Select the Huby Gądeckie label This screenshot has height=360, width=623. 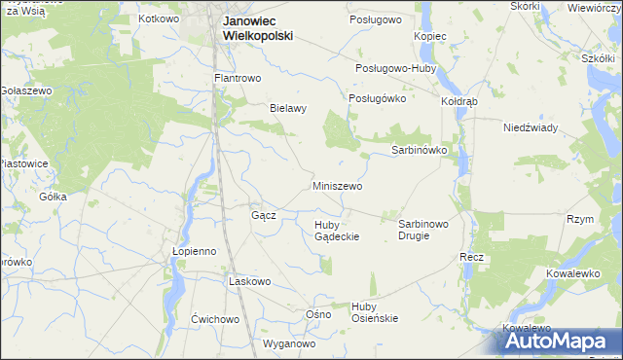click(337, 231)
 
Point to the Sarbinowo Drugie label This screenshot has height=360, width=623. click(423, 230)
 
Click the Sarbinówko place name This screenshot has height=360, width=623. click(419, 151)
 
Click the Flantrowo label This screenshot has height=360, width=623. click(239, 78)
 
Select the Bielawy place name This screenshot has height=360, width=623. click(288, 109)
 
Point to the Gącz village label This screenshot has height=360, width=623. click(264, 215)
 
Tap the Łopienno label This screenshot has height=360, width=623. click(194, 250)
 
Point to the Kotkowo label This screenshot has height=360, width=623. click(160, 18)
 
